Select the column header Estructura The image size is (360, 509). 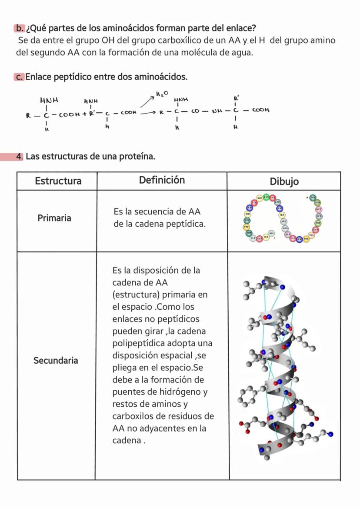click(x=58, y=181)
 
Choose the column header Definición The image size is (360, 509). click(x=162, y=180)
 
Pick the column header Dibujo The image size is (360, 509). click(x=284, y=181)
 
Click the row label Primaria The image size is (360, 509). click(x=54, y=218)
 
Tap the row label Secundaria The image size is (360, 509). click(x=56, y=360)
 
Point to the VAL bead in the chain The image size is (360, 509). click(x=311, y=234)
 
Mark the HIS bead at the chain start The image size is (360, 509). click(x=271, y=234)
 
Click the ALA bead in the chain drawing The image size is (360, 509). click(x=287, y=234)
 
